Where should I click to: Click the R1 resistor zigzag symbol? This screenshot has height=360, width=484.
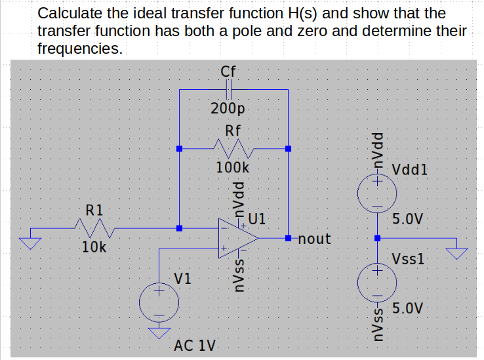[94, 228]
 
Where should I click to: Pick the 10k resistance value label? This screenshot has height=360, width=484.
[95, 247]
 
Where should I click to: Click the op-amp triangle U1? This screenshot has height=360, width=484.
[237, 239]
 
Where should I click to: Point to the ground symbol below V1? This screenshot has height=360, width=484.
[158, 333]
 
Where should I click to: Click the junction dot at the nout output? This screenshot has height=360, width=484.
[288, 237]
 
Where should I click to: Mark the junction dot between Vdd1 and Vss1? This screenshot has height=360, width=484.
[376, 238]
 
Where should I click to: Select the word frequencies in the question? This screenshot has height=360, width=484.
[79, 49]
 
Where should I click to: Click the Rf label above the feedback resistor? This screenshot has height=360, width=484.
[233, 130]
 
